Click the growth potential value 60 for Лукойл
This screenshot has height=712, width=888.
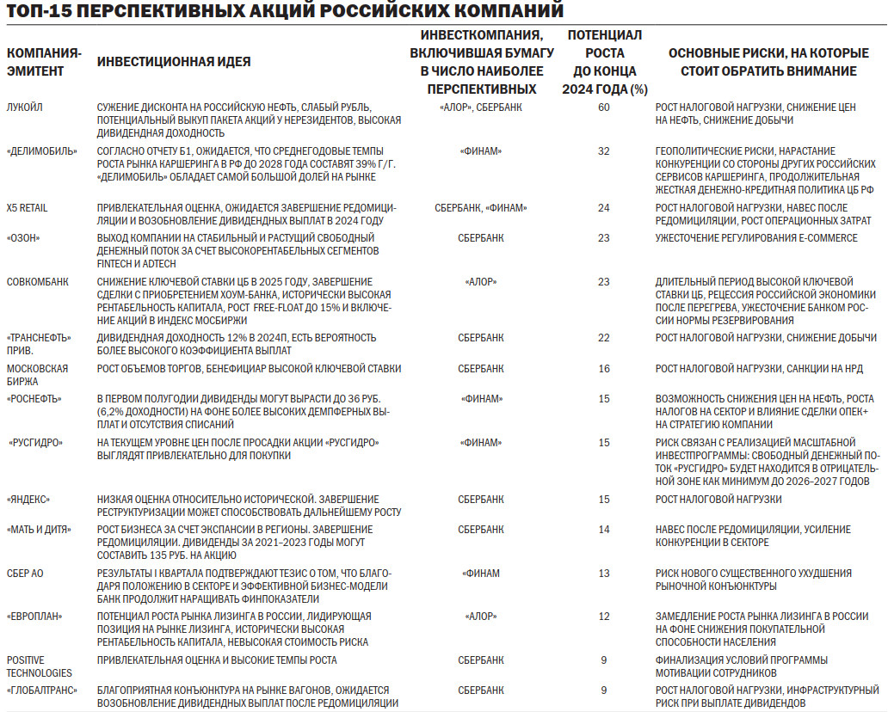[x=603, y=107]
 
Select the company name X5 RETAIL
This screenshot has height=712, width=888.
[x=28, y=208]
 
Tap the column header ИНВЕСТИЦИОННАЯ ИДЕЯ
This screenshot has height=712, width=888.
[x=174, y=62]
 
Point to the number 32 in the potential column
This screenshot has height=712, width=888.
[x=603, y=151]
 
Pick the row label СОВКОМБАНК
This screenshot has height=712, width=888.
[x=38, y=282]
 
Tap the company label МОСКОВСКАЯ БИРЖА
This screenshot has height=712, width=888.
[x=36, y=375]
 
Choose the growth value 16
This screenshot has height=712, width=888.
[x=603, y=369]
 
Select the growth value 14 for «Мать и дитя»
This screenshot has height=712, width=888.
[x=603, y=529]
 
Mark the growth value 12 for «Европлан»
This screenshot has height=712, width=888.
[x=603, y=617]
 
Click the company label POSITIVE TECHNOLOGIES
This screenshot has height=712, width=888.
[x=39, y=666]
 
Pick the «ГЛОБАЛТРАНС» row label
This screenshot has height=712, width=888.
[x=42, y=691]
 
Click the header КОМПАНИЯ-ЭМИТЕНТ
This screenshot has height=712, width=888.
[x=44, y=62]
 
